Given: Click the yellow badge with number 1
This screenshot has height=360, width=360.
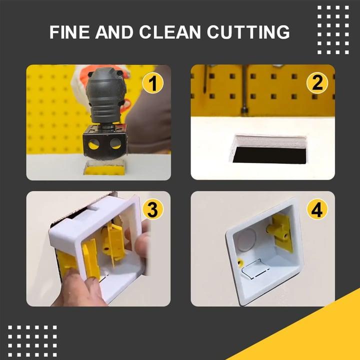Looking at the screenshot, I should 153,82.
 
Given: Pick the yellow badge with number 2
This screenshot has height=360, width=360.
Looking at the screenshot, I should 317,82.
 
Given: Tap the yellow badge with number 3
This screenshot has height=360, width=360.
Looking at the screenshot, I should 152,209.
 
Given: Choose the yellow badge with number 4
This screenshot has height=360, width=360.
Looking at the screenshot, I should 316,210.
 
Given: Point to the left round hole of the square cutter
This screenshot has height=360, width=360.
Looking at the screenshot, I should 93,145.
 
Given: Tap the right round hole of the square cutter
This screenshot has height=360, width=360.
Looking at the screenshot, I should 115,144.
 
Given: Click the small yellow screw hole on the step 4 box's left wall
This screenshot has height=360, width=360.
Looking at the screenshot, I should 240,262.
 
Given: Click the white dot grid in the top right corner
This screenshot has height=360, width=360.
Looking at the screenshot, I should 333,29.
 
